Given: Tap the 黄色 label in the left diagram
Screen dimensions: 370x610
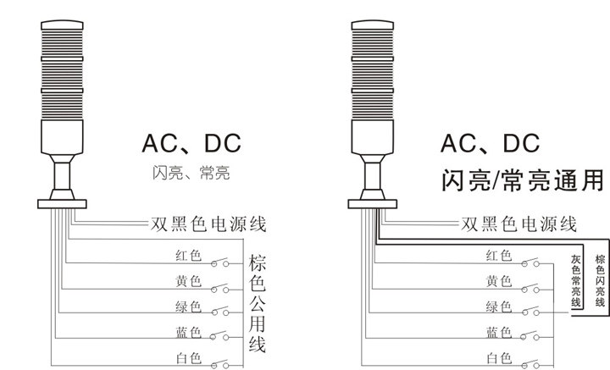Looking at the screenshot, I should click(189, 281).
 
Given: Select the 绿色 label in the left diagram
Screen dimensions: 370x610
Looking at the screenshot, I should click(189, 306).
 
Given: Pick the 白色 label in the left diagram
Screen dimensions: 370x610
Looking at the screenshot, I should click(189, 357).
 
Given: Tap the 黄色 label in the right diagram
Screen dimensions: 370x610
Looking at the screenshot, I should click(499, 281).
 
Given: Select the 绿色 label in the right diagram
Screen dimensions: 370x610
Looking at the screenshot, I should click(499, 306).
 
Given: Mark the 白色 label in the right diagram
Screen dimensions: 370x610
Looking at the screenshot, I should click(499, 357).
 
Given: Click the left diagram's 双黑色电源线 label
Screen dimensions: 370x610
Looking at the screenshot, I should click(208, 224).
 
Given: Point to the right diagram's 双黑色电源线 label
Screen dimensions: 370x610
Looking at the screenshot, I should click(518, 224).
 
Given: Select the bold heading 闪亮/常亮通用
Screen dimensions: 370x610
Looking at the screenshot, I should click(523, 180).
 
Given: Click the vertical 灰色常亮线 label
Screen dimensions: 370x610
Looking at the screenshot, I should click(576, 280).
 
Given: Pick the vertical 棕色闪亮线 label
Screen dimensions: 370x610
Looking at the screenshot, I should click(600, 280).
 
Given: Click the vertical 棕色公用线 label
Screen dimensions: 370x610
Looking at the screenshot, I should click(257, 301).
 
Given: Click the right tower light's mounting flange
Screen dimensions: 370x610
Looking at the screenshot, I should click(373, 204).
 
